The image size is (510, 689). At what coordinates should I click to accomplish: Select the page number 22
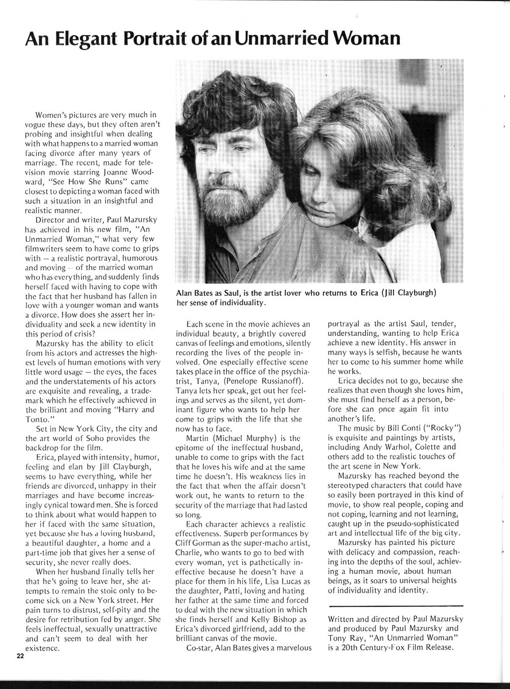tap(21, 658)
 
